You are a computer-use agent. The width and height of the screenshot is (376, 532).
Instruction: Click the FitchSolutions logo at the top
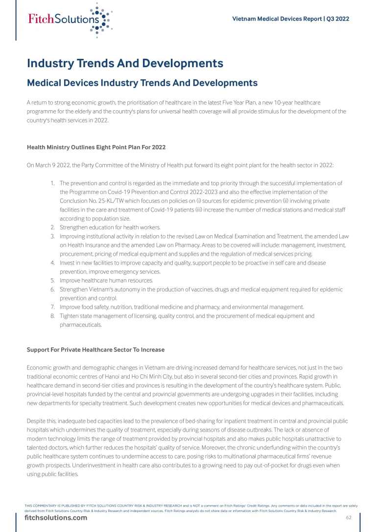pyautogui.click(x=70, y=20)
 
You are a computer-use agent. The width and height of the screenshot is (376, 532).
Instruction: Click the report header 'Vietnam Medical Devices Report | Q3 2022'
pyautogui.click(x=290, y=19)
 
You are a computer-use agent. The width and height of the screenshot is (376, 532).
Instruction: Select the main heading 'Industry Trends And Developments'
pyautogui.click(x=125, y=63)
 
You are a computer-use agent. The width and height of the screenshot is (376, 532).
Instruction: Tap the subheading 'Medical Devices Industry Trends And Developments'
pyautogui.click(x=142, y=83)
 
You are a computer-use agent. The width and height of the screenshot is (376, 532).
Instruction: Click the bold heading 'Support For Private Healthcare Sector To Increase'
pyautogui.click(x=95, y=350)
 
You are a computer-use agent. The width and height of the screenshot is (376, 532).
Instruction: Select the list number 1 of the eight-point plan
pyautogui.click(x=52, y=183)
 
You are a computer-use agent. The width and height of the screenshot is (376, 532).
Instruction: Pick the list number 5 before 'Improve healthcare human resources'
pyautogui.click(x=52, y=281)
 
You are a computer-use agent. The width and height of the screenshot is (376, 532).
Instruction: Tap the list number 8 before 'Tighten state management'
pyautogui.click(x=52, y=316)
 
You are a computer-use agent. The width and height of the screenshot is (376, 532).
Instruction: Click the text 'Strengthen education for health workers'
pyautogui.click(x=110, y=227)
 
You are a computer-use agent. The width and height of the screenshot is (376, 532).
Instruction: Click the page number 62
pyautogui.click(x=349, y=518)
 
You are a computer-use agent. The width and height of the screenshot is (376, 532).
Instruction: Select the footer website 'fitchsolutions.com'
pyautogui.click(x=56, y=518)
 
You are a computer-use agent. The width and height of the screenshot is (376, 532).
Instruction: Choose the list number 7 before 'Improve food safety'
pyautogui.click(x=52, y=307)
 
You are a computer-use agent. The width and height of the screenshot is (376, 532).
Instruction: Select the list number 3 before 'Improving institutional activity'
pyautogui.click(x=52, y=236)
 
